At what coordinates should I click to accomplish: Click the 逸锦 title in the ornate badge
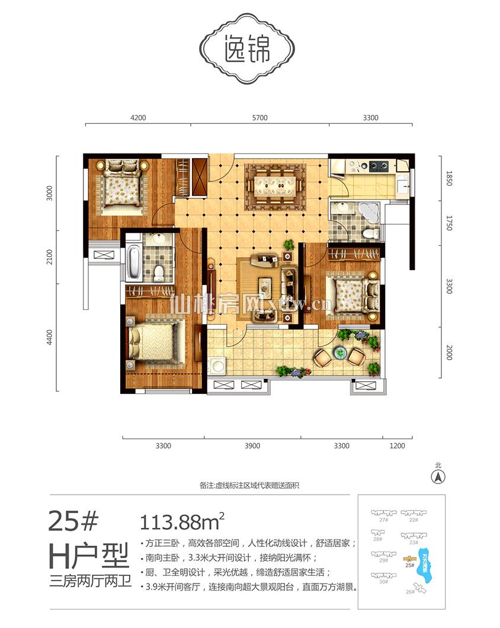click(x=248, y=51)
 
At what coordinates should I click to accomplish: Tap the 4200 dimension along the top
click(x=138, y=118)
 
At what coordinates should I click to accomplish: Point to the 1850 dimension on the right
click(x=448, y=179)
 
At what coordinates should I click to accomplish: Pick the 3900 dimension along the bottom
click(x=253, y=446)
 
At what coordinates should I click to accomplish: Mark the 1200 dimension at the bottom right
click(x=397, y=446)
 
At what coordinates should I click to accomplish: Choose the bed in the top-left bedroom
click(x=123, y=186)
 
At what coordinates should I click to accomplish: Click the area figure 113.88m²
click(x=181, y=522)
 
